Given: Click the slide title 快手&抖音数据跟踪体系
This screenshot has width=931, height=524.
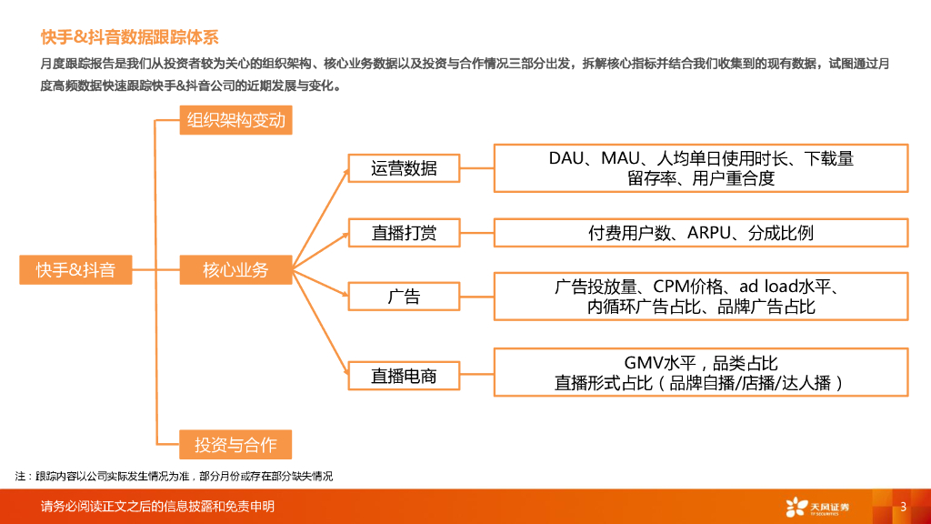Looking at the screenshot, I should pyautogui.click(x=129, y=37).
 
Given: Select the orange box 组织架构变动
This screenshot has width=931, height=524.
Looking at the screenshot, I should pyautogui.click(x=235, y=120).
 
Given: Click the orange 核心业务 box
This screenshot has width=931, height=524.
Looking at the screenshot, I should pyautogui.click(x=235, y=269).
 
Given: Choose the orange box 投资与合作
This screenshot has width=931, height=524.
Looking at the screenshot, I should pyautogui.click(x=235, y=445).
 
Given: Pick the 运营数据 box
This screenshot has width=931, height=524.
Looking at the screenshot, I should pyautogui.click(x=404, y=168).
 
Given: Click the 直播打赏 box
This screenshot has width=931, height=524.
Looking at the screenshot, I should pyautogui.click(x=404, y=232).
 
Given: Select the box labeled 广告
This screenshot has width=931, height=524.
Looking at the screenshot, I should pyautogui.click(x=404, y=296).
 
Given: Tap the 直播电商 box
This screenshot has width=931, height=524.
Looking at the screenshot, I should pyautogui.click(x=404, y=375).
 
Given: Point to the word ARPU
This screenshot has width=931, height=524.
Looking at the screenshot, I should pyautogui.click(x=709, y=233).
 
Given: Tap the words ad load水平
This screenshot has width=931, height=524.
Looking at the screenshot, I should pyautogui.click(x=788, y=287).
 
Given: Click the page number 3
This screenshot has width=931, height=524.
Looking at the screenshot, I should pyautogui.click(x=903, y=507).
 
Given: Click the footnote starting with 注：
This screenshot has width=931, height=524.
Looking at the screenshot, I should pyautogui.click(x=174, y=477).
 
